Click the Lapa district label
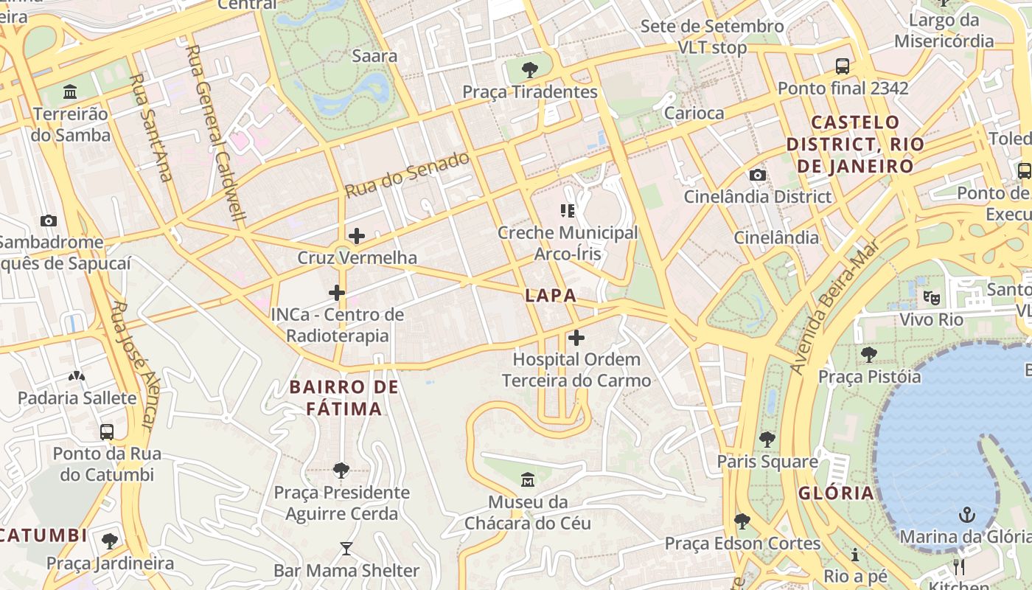pos(550,296)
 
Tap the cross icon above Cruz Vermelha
pos(357,236)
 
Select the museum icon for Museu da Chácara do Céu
pos(528,480)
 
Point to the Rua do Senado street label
pos(407,175)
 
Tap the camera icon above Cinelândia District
pos(757,175)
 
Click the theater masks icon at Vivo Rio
pos(931,298)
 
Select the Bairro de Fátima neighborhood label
pos(344,398)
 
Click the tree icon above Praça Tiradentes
pos(529,70)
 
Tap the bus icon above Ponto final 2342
pos(843,66)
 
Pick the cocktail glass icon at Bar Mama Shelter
pos(346,549)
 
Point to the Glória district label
pos(836,493)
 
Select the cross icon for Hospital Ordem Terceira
pos(576,338)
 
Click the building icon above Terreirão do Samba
pos(71,92)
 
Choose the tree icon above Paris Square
pos(767,440)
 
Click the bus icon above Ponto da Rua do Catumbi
pos(107,431)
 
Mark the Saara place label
pos(374,56)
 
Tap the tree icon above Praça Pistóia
pos(869,355)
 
